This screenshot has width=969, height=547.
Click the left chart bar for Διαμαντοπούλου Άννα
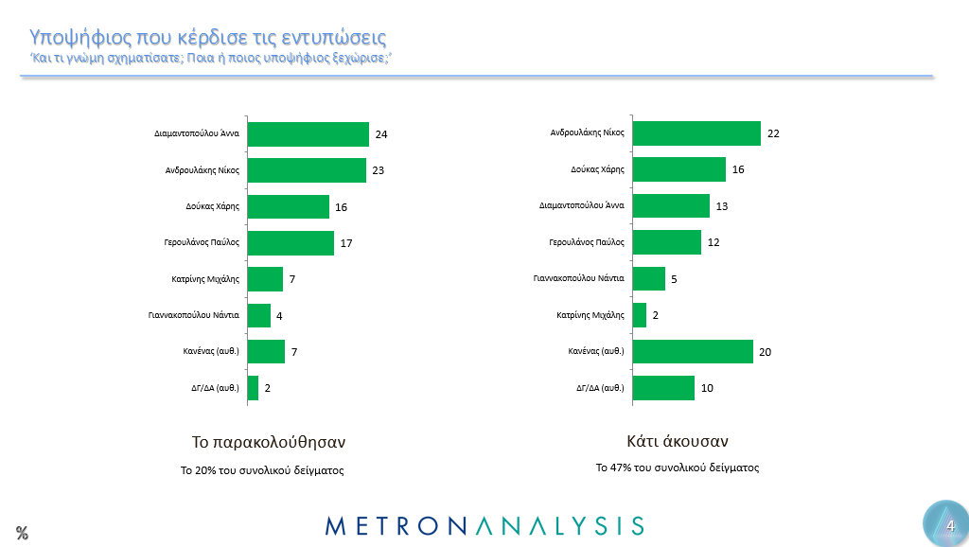pyautogui.click(x=308, y=134)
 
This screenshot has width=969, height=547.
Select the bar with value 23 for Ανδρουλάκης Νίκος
pyautogui.click(x=306, y=170)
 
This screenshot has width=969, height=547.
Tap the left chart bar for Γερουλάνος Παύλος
pyautogui.click(x=290, y=243)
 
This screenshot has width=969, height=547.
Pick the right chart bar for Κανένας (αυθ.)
pyautogui.click(x=693, y=352)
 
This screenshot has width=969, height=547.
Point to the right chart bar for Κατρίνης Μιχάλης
pyautogui.click(x=640, y=315)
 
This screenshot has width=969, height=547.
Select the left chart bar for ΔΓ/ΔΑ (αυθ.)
pyautogui.click(x=253, y=388)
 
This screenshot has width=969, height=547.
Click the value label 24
pyautogui.click(x=381, y=134)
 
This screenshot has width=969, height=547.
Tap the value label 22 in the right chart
pyautogui.click(x=773, y=133)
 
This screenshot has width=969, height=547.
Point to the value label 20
pyautogui.click(x=766, y=352)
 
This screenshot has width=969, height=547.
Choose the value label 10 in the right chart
pyautogui.click(x=707, y=388)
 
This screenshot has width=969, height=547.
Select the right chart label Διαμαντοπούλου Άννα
pyautogui.click(x=581, y=206)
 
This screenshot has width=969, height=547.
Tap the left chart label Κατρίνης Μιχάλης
pyautogui.click(x=203, y=279)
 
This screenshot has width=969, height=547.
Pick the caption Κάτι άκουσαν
pyautogui.click(x=677, y=441)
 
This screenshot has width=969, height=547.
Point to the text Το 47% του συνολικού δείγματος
pyautogui.click(x=677, y=468)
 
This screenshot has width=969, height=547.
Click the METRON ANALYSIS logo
pyautogui.click(x=484, y=525)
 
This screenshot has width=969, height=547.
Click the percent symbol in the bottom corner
pyautogui.click(x=22, y=533)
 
